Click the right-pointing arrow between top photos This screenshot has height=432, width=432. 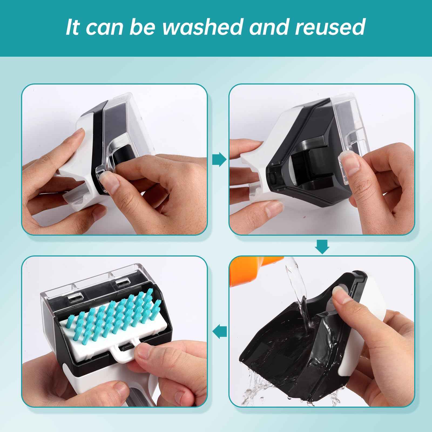218,160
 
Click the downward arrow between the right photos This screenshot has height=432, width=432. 321,246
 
